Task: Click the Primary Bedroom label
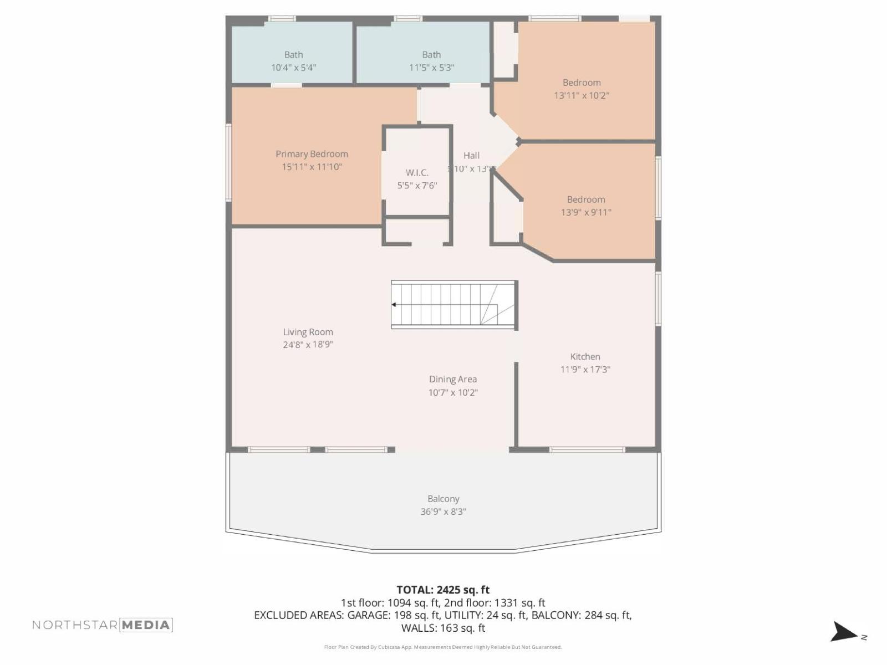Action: click(x=312, y=154)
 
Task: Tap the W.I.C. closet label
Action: click(x=417, y=173)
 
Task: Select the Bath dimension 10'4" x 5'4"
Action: click(x=293, y=68)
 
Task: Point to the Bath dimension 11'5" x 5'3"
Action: click(x=431, y=68)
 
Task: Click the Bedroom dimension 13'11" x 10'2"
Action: click(x=582, y=95)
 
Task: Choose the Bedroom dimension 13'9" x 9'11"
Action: click(x=586, y=212)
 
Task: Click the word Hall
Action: click(x=471, y=156)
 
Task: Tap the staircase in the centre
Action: click(x=453, y=305)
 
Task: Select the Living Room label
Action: click(x=308, y=332)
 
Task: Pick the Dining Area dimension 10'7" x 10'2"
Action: click(x=453, y=392)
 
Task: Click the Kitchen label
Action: click(x=585, y=357)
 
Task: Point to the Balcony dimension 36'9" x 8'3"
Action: click(x=443, y=511)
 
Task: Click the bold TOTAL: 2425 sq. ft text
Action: click(x=443, y=590)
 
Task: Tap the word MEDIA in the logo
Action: click(x=146, y=625)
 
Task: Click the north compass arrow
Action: click(x=843, y=632)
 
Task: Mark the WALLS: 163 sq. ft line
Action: click(x=443, y=628)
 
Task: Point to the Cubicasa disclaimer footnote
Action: click(x=443, y=647)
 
